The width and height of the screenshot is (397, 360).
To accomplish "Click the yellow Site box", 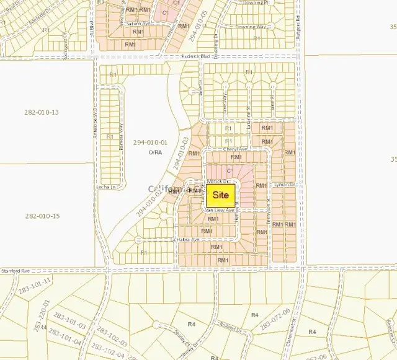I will (x=221, y=195).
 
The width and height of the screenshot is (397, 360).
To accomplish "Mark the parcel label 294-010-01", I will (x=147, y=143).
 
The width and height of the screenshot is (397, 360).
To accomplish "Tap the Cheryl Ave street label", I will (x=236, y=149).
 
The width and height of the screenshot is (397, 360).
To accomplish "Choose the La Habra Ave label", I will (x=185, y=239).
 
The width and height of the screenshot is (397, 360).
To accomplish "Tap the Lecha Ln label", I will (x=107, y=187).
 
